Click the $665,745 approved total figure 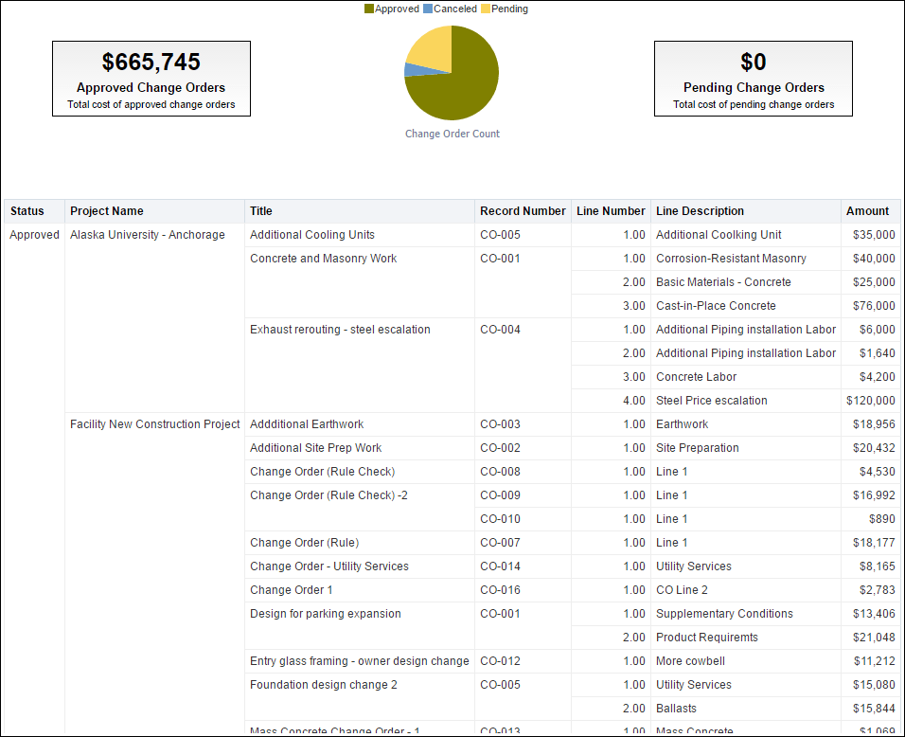click(151, 63)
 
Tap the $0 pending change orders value click(754, 63)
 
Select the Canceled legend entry click(454, 9)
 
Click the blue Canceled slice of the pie click(409, 69)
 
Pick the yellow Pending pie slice click(431, 49)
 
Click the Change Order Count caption click(452, 134)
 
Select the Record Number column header click(523, 211)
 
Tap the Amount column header click(867, 211)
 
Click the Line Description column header click(700, 211)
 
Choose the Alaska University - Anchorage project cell click(148, 235)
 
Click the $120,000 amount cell click(870, 401)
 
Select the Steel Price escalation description click(712, 401)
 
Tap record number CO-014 click(500, 566)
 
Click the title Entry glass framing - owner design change click(360, 661)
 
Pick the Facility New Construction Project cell click(155, 424)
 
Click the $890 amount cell click(881, 519)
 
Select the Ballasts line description click(676, 709)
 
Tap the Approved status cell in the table click(34, 235)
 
